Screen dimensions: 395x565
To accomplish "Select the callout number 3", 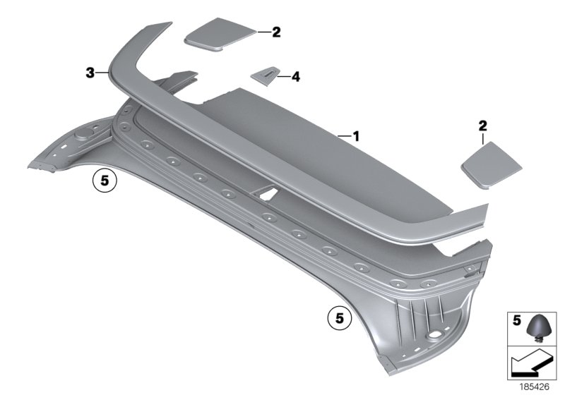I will point(90,71).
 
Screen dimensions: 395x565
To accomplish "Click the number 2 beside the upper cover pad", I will point(276,32).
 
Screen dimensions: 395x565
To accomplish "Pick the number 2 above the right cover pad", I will point(483,126).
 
